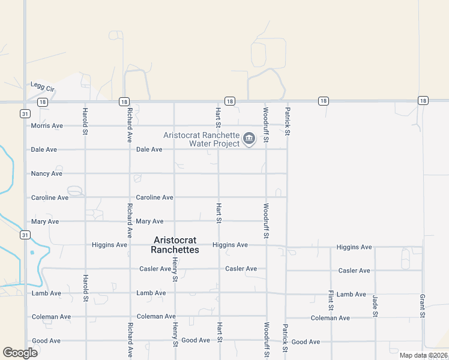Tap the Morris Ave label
pyautogui.click(x=47, y=126)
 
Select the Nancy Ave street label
pyautogui.click(x=47, y=174)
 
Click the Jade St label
pyautogui.click(x=375, y=305)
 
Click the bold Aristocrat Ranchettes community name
pyautogui.click(x=175, y=245)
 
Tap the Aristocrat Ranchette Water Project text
pyautogui.click(x=205, y=139)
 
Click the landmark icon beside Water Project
pyautogui.click(x=249, y=140)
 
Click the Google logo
pyautogui.click(x=20, y=352)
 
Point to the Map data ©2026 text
pyautogui.click(x=423, y=355)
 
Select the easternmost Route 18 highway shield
pyautogui.click(x=424, y=101)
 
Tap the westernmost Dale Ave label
pyautogui.click(x=44, y=149)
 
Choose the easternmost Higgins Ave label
pyautogui.click(x=354, y=247)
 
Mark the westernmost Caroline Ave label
pyautogui.click(x=50, y=197)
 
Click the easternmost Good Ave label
pyautogui.click(x=306, y=342)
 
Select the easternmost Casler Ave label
pyautogui.click(x=354, y=271)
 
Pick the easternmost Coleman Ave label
pyautogui.click(x=330, y=318)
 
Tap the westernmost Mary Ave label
pyautogui.click(x=45, y=221)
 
